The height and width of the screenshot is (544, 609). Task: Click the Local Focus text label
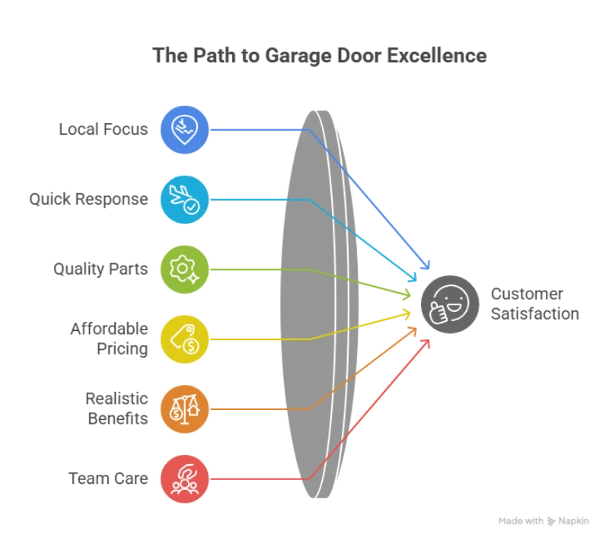104,130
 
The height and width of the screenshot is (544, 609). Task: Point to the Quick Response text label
89,200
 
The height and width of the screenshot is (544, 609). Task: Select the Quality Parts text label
100,269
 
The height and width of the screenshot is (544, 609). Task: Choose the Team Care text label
110,479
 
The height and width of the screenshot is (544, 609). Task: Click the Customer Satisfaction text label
534,303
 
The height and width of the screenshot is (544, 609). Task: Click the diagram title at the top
319,56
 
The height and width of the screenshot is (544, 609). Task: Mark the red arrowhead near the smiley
426,344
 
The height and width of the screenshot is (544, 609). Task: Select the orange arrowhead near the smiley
413,329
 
